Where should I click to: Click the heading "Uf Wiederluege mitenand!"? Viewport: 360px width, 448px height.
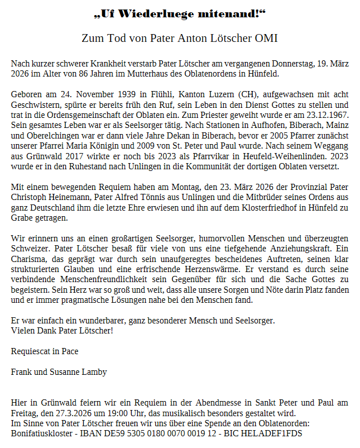coord(180,13)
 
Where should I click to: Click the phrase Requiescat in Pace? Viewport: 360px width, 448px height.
coord(45,351)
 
